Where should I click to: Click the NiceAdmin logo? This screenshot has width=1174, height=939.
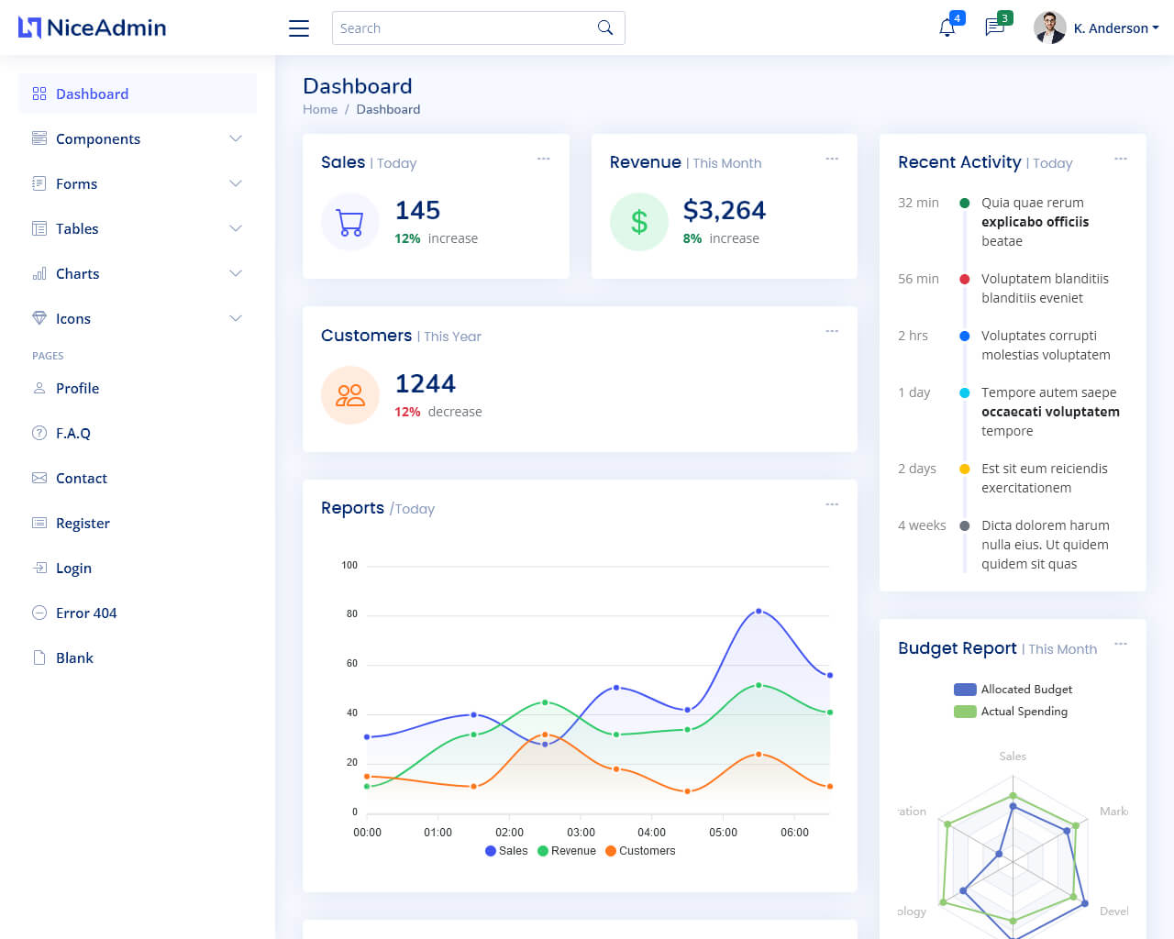[x=92, y=28]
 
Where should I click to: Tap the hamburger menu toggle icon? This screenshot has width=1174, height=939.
[x=299, y=28]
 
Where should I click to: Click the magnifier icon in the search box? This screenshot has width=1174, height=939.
[x=605, y=28]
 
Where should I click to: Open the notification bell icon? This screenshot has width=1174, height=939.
[x=947, y=28]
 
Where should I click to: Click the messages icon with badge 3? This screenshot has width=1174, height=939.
[x=994, y=28]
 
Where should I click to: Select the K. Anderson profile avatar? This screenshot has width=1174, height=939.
[x=1049, y=28]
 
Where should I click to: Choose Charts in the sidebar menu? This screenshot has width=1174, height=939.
[x=77, y=273]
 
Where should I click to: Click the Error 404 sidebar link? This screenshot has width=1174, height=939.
[x=86, y=613]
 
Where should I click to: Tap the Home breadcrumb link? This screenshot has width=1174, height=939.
[x=320, y=109]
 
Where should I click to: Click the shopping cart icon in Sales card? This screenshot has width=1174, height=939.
[x=350, y=222]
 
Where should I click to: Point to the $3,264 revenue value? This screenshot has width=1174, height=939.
[x=724, y=210]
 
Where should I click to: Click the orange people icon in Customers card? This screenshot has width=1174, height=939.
[x=350, y=395]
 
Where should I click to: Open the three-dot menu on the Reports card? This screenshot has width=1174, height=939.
[x=832, y=504]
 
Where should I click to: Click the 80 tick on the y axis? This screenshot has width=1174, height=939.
[x=351, y=613]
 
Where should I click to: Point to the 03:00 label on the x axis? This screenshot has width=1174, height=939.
[x=581, y=833]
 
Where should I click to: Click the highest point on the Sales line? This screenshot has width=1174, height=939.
[x=759, y=611]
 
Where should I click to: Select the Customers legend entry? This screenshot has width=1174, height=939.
[x=640, y=851]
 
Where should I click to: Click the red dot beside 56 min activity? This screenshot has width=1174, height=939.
[x=964, y=279]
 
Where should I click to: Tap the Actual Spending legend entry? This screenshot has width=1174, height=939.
[x=1012, y=712]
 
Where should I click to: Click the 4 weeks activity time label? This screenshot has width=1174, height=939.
[x=922, y=525]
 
